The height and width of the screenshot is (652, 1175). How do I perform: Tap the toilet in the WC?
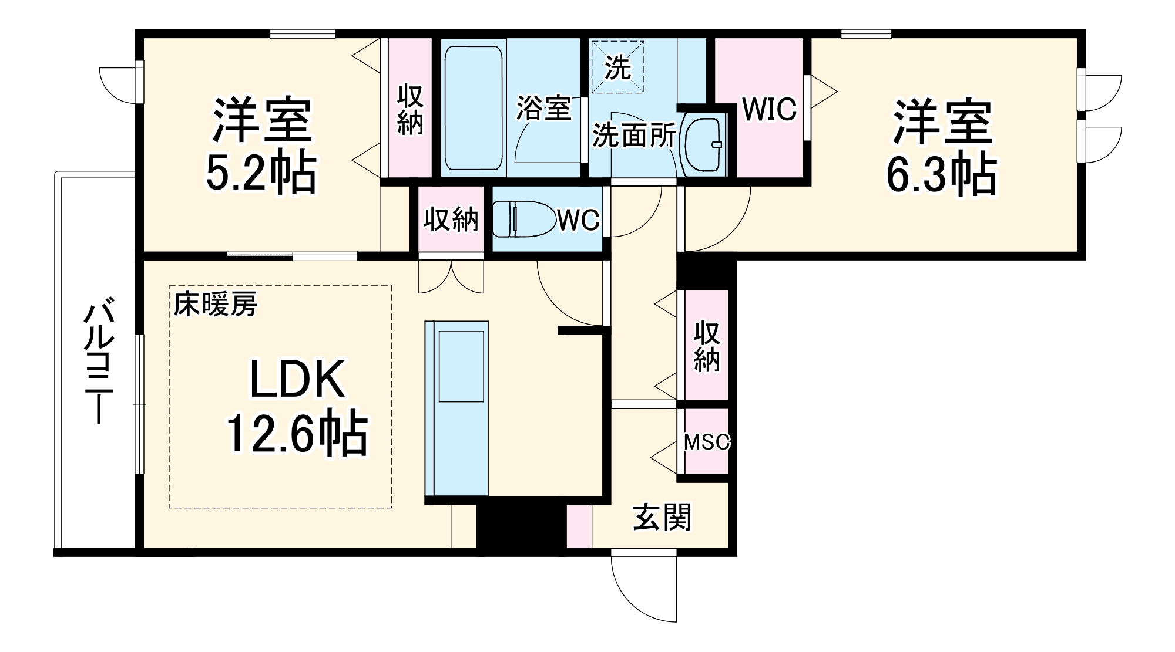pyautogui.click(x=523, y=219)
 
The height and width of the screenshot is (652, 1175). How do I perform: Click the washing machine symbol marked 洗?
pyautogui.click(x=617, y=67)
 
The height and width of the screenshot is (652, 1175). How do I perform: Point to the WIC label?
pyautogui.click(x=769, y=109)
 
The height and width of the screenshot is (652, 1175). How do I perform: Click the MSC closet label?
pyautogui.click(x=706, y=442)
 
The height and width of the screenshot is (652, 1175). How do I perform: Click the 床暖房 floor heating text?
pyautogui.click(x=215, y=305)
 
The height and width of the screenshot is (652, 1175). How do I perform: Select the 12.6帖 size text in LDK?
pyautogui.click(x=297, y=434)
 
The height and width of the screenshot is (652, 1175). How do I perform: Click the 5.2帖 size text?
pyautogui.click(x=261, y=174)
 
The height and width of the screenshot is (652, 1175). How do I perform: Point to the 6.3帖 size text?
pyautogui.click(x=941, y=174)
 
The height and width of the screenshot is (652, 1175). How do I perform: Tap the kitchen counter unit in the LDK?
pyautogui.click(x=457, y=408)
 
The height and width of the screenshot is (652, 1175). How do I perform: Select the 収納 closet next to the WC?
pyautogui.click(x=451, y=219)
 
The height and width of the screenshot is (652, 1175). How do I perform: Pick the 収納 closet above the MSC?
pyautogui.click(x=706, y=346)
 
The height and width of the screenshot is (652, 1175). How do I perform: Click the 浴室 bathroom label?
pyautogui.click(x=543, y=108)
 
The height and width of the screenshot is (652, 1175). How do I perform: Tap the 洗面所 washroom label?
pyautogui.click(x=633, y=136)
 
